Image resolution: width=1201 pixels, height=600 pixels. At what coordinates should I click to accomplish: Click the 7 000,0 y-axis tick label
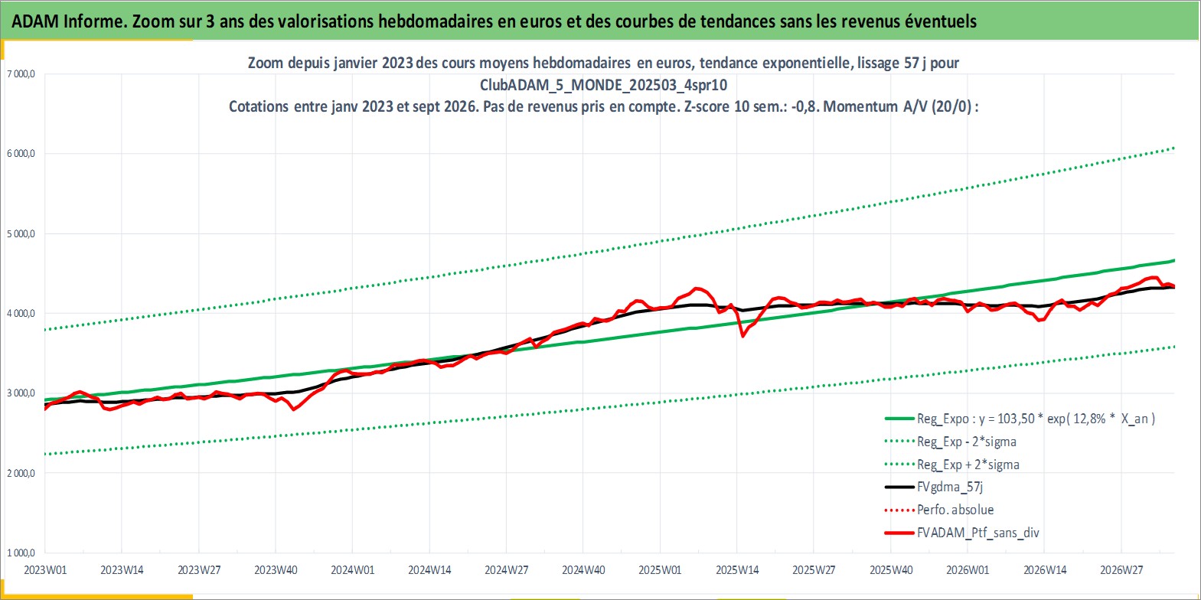pos(21,74)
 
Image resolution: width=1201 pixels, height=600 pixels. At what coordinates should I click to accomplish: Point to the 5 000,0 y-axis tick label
pos(21,233)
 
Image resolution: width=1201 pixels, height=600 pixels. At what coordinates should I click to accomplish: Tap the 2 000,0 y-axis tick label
pos(21,474)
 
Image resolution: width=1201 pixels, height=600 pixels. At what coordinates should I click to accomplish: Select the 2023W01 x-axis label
pos(46,570)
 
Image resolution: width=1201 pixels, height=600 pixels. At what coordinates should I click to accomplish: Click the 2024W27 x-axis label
pos(507,570)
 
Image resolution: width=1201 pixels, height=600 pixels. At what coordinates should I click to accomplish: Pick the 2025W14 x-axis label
pos(737,570)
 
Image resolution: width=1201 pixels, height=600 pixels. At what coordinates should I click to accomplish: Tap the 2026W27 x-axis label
pos(1121,570)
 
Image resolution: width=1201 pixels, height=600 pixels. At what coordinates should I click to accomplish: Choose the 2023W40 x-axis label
pos(276,570)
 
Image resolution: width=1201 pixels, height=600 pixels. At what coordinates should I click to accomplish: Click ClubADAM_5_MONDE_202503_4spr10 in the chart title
pos(603,85)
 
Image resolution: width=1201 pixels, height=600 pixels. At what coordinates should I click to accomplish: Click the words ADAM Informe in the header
pos(67,21)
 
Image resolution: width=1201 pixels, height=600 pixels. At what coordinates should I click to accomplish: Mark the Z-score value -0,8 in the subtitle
pos(804,106)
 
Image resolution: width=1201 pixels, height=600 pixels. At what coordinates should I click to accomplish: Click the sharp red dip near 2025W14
pos(742,336)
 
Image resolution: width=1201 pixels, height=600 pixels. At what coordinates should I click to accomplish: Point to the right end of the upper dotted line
pos(1173,148)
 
